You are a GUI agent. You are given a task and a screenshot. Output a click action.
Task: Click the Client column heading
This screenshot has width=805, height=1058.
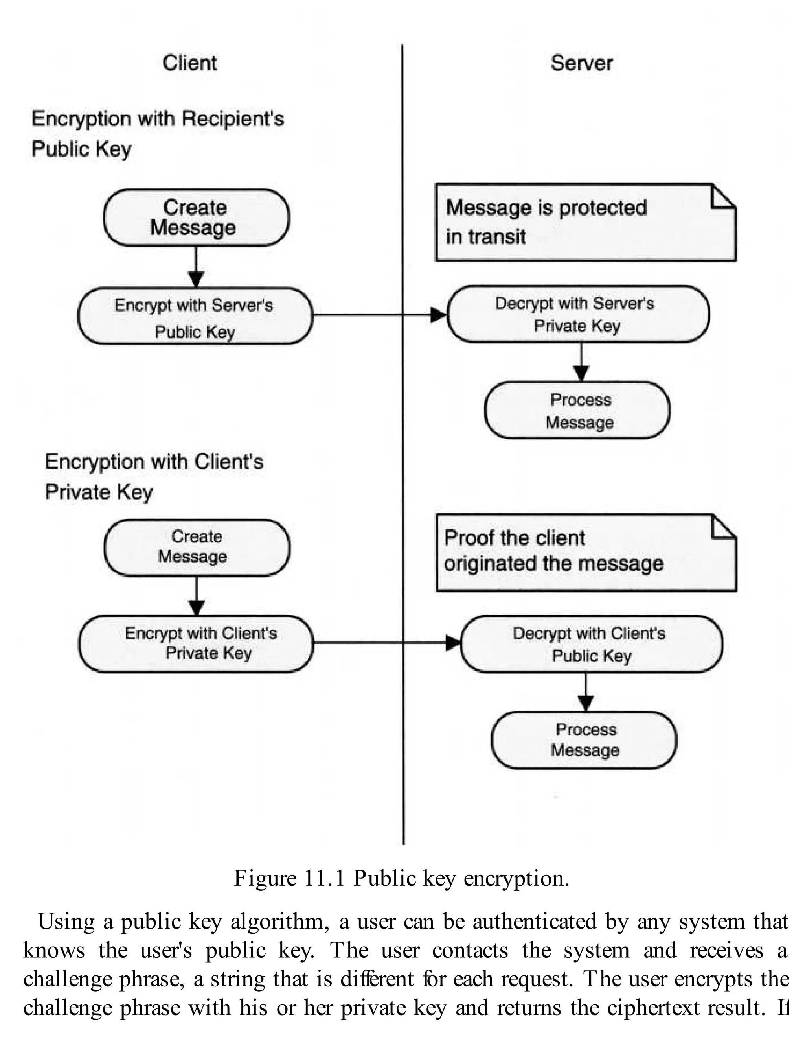189,63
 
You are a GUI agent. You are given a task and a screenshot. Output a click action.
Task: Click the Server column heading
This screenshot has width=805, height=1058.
581,63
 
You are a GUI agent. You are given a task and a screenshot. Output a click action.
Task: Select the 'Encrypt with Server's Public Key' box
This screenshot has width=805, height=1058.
195,316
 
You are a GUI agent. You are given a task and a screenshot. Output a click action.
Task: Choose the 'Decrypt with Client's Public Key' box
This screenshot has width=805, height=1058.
591,644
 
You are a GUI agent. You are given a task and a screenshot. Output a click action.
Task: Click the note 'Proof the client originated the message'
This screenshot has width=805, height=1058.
586,553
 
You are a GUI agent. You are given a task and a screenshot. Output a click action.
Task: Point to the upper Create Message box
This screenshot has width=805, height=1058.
196,217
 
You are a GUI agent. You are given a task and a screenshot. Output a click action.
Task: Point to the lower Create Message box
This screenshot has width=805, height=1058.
197,547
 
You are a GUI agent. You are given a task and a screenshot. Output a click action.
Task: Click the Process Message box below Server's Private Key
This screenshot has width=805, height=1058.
577,410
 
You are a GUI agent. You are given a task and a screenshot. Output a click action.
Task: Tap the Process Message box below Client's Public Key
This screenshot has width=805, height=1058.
584,740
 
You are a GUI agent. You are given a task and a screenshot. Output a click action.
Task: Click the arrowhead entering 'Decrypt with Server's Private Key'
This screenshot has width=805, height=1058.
438,315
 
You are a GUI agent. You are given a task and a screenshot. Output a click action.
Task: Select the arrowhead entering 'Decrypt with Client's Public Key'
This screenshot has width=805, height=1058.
453,643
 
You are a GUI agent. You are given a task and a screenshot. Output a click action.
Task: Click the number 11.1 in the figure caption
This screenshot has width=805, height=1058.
324,879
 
